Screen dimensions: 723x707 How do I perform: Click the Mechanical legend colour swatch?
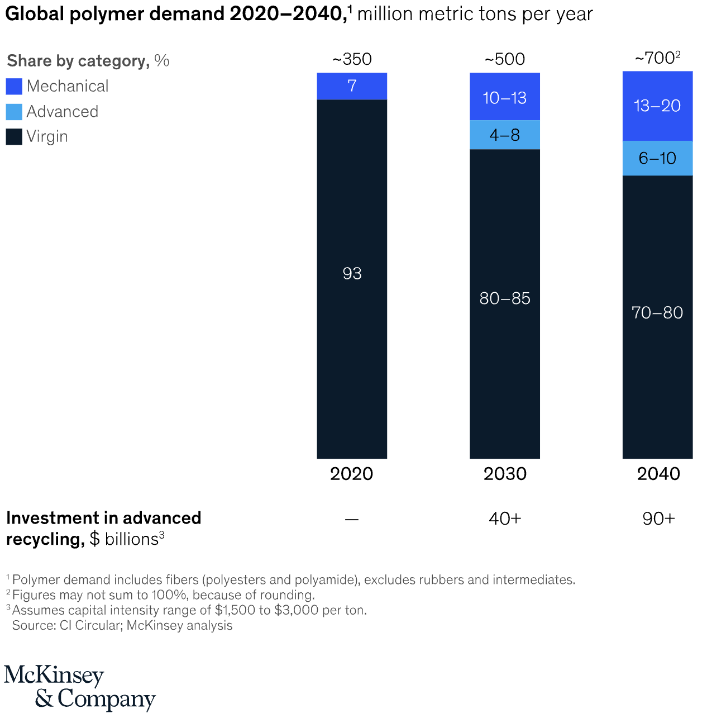coord(14,86)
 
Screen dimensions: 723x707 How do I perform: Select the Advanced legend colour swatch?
coord(14,112)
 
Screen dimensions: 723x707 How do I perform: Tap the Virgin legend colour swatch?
coord(14,137)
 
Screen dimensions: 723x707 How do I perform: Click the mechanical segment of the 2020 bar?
coord(352,86)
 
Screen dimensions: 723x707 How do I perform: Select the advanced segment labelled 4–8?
coord(504,135)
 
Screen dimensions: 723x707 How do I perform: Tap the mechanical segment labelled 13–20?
coord(657,106)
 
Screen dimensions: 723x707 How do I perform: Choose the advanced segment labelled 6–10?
coord(657,158)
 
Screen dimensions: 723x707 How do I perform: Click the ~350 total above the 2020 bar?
coord(352,59)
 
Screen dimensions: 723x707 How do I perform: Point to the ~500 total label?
coord(504,59)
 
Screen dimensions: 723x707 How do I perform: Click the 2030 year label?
coord(505,474)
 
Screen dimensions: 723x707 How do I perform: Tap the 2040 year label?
coord(658,474)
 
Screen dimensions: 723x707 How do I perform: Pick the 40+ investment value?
coord(505,519)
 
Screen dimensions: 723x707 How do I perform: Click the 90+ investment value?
coord(658,519)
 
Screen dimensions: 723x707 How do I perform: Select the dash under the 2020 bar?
coord(352,520)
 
